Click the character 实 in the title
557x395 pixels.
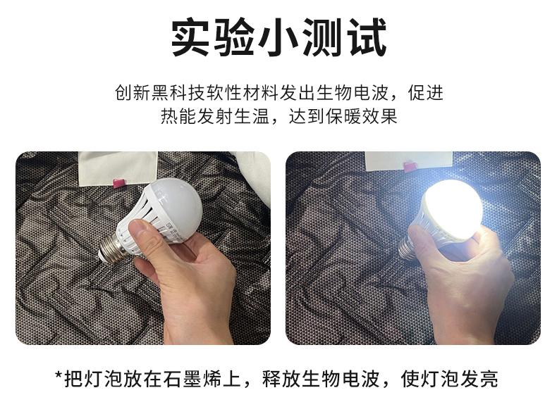(190, 37)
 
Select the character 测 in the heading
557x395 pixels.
(322, 37)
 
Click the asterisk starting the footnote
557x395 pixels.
(59, 376)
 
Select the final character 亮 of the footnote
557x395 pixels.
(488, 379)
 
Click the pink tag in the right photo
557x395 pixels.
(410, 166)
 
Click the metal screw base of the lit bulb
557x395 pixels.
(407, 249)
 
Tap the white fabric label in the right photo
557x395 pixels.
(409, 161)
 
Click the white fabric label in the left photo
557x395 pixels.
(118, 168)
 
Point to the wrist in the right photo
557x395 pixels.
(463, 325)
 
